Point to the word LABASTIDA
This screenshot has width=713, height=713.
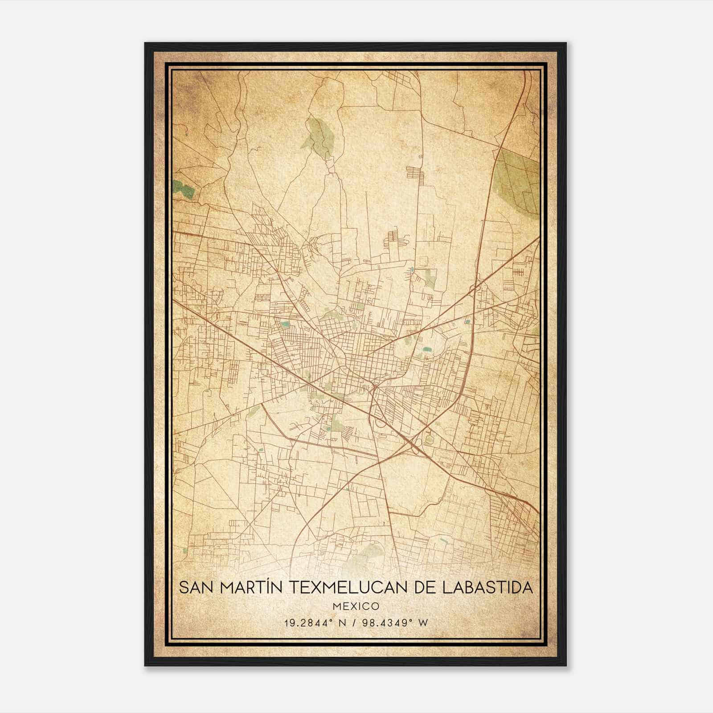coord(488,587)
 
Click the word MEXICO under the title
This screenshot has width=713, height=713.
coord(356,606)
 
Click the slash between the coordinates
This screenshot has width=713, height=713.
coord(354,623)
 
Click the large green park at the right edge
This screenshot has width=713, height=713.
coord(517,178)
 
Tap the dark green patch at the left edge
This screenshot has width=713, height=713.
coord(184,189)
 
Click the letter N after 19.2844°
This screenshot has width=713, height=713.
coord(342,623)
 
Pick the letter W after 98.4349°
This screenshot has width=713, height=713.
coord(424,623)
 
